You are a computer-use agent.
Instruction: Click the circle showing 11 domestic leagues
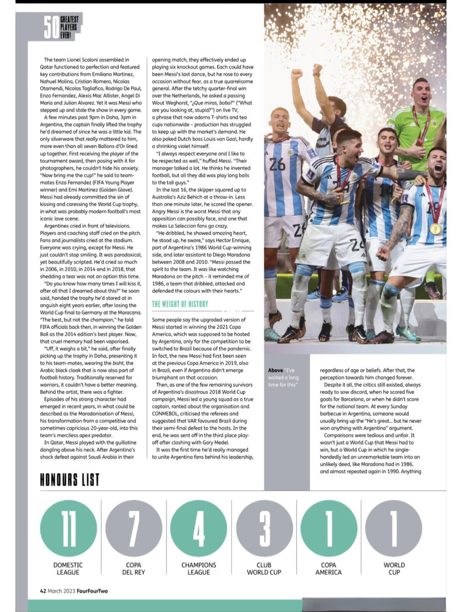pyautogui.click(x=69, y=527)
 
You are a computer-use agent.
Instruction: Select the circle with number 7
pyautogui.click(x=134, y=527)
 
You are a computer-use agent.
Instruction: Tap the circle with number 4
pyautogui.click(x=199, y=527)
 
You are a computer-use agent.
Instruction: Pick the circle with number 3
pyautogui.click(x=264, y=527)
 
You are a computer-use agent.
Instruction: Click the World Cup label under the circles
pyautogui.click(x=394, y=568)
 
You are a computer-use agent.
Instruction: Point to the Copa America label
pyautogui.click(x=328, y=568)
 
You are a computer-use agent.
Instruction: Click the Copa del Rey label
pyautogui.click(x=134, y=568)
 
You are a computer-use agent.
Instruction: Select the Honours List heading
pyautogui.click(x=70, y=480)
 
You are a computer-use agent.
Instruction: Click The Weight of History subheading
pyautogui.click(x=180, y=304)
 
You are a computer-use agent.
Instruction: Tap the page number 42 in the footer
pyautogui.click(x=43, y=591)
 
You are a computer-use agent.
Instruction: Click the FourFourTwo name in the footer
pyautogui.click(x=92, y=591)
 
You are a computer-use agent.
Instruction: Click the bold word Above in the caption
pyautogui.click(x=275, y=370)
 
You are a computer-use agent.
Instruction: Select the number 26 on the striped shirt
pyautogui.click(x=277, y=164)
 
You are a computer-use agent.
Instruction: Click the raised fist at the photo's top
pyautogui.click(x=296, y=74)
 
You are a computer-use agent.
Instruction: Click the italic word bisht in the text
pyautogui.click(x=118, y=363)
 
